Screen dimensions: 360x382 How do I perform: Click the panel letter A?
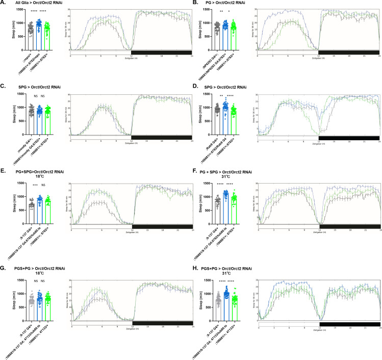[3, 4]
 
